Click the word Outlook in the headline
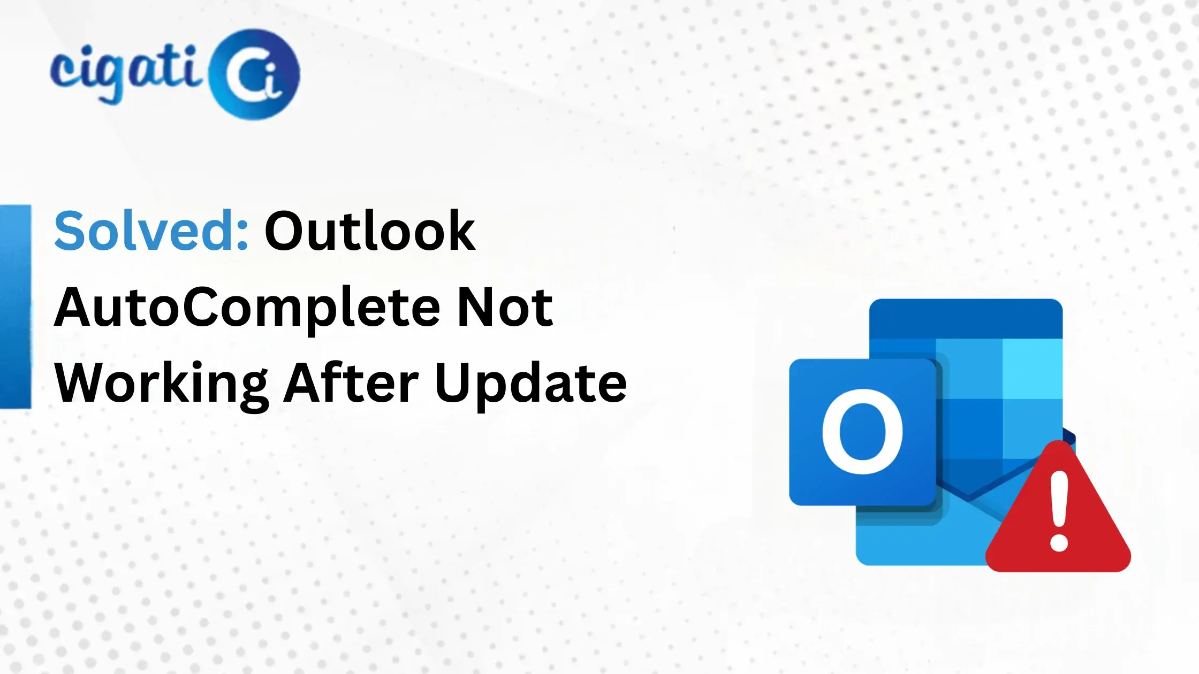point(370,231)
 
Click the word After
point(351,383)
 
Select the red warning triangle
point(1058,514)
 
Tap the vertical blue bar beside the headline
point(15,306)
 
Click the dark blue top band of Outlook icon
point(966,319)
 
